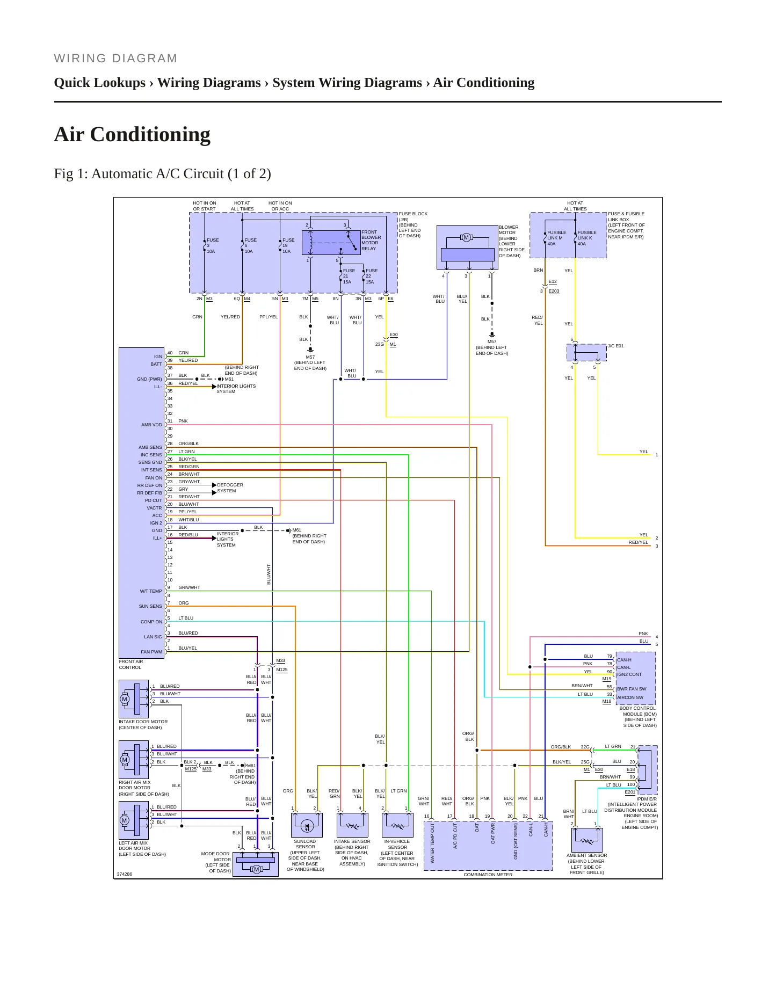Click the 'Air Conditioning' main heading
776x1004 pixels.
tap(132, 134)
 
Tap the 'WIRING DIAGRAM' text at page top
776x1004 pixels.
tap(115, 58)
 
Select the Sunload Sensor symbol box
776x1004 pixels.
tap(307, 825)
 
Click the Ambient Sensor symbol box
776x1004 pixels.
tap(587, 840)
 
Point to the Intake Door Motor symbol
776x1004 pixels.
tap(134, 699)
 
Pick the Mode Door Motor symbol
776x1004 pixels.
tap(256, 864)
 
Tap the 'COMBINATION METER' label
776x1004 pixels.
tap(488, 875)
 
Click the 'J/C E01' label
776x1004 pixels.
tap(616, 346)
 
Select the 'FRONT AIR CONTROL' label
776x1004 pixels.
tap(131, 665)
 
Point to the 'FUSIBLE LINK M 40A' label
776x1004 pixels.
tap(556, 238)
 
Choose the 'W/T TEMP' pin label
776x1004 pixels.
tap(151, 591)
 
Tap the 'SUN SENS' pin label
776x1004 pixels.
tap(150, 606)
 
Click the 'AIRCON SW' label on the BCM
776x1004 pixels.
tap(630, 697)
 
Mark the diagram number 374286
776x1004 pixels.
tap(124, 874)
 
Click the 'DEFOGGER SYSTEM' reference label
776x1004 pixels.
tap(230, 488)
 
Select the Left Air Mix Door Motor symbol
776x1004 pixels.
tap(134, 820)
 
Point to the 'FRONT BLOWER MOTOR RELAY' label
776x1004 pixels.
tap(371, 240)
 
